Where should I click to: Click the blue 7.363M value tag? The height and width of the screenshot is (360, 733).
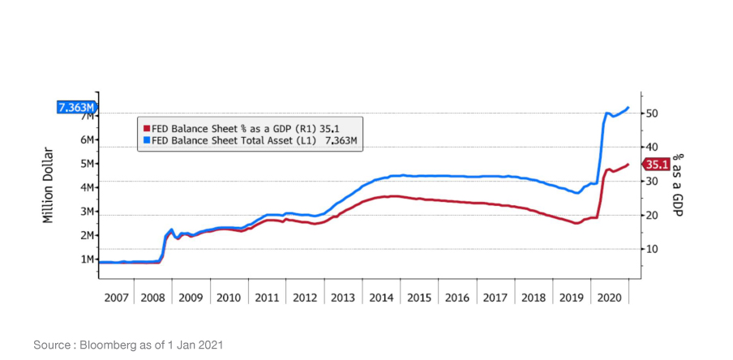(x=75, y=107)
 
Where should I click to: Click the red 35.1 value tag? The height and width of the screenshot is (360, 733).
(x=656, y=165)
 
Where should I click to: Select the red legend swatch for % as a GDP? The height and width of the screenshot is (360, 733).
(x=146, y=127)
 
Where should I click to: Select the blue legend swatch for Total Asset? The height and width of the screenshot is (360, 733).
(x=146, y=140)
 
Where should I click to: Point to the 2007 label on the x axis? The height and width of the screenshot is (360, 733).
(x=117, y=298)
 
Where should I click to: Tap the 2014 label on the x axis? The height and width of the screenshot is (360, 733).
(x=382, y=298)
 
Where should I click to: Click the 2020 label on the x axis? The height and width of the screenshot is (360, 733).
(x=609, y=298)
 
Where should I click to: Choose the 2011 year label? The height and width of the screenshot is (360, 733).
(x=268, y=298)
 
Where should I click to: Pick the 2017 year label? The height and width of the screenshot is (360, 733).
(x=495, y=298)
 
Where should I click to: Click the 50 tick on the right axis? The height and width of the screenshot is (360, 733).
(x=650, y=114)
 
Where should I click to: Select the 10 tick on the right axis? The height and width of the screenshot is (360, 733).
(x=650, y=249)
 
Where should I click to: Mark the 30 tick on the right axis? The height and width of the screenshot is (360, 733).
(x=650, y=181)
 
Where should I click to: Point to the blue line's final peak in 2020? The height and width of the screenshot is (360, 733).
(x=628, y=107)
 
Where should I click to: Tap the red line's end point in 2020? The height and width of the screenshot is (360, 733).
(x=628, y=165)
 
